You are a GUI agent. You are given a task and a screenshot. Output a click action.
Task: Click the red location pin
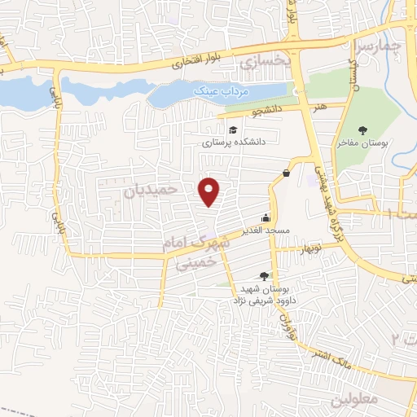(210, 191)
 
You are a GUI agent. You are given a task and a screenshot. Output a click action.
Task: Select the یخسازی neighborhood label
(262, 60)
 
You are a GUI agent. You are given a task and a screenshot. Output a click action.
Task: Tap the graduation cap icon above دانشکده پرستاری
(232, 130)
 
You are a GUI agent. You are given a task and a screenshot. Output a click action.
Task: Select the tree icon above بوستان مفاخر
(363, 130)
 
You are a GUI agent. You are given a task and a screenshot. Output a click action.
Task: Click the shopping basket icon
(287, 173)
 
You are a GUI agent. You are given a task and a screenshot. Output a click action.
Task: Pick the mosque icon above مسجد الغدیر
(266, 218)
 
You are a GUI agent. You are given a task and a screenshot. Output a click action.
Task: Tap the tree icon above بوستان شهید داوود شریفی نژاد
(263, 276)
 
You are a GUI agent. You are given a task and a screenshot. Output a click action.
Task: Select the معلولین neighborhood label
(351, 402)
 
